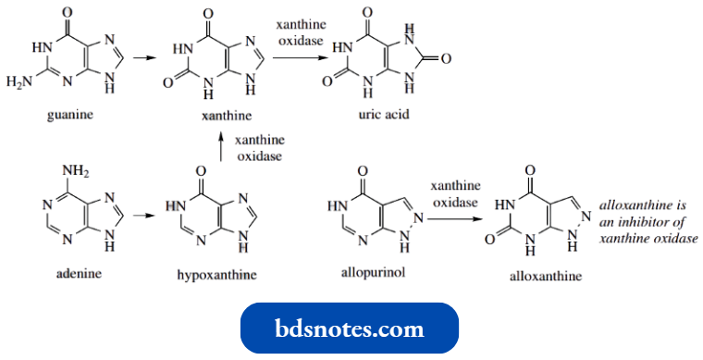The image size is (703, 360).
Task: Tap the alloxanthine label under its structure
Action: point(538,276)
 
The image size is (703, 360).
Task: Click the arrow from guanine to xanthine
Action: point(143,57)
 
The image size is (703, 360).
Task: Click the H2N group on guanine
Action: point(18,83)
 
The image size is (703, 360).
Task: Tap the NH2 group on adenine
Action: point(77,169)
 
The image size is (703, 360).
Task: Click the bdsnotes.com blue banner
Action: point(350,329)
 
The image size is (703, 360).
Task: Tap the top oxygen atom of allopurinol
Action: point(363,170)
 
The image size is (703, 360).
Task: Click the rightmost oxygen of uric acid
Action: point(446,58)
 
